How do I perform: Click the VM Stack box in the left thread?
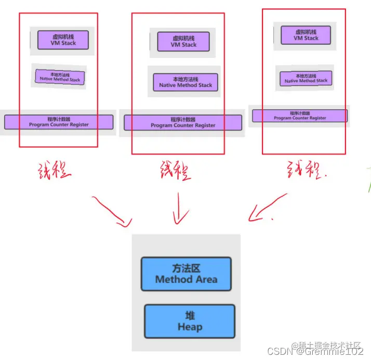click(63, 40)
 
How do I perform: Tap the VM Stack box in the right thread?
click(306, 35)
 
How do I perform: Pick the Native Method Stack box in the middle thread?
click(186, 82)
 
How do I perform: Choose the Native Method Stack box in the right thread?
click(306, 79)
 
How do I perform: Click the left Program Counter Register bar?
click(59, 122)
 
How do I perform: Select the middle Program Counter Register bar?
click(183, 123)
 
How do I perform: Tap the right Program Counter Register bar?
click(300, 115)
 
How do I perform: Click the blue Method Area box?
click(186, 274)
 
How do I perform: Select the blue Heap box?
click(190, 322)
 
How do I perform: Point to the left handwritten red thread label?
click(54, 172)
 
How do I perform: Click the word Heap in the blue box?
click(190, 327)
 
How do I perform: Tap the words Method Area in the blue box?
click(186, 279)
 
